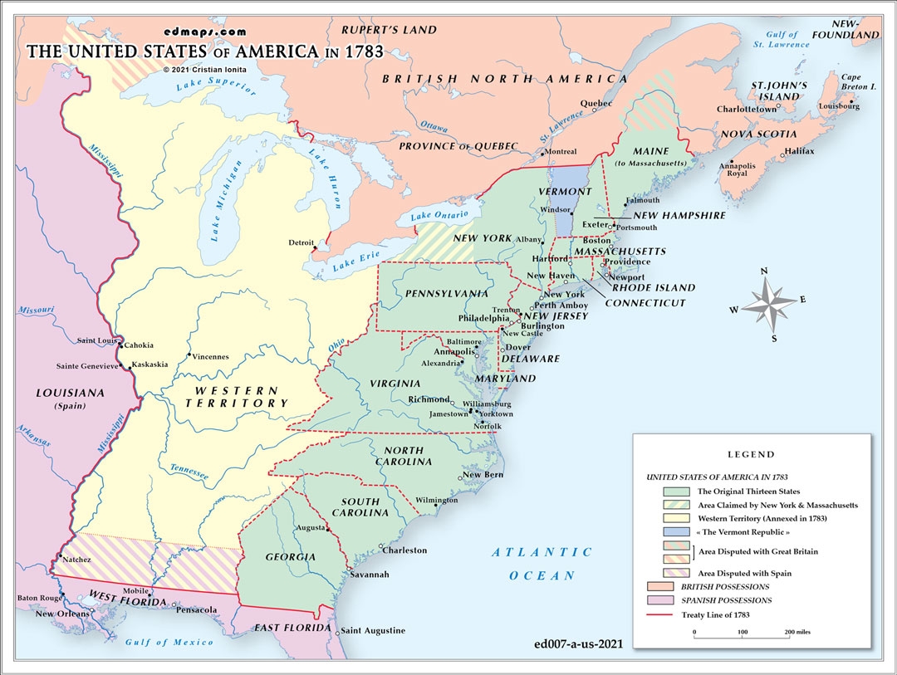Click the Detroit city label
(301, 242)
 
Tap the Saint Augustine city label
(373, 630)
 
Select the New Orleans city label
(56, 614)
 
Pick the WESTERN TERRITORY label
(237, 396)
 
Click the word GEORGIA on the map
(291, 556)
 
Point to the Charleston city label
(404, 550)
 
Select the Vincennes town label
(210, 357)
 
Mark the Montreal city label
(560, 151)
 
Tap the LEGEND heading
(751, 454)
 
